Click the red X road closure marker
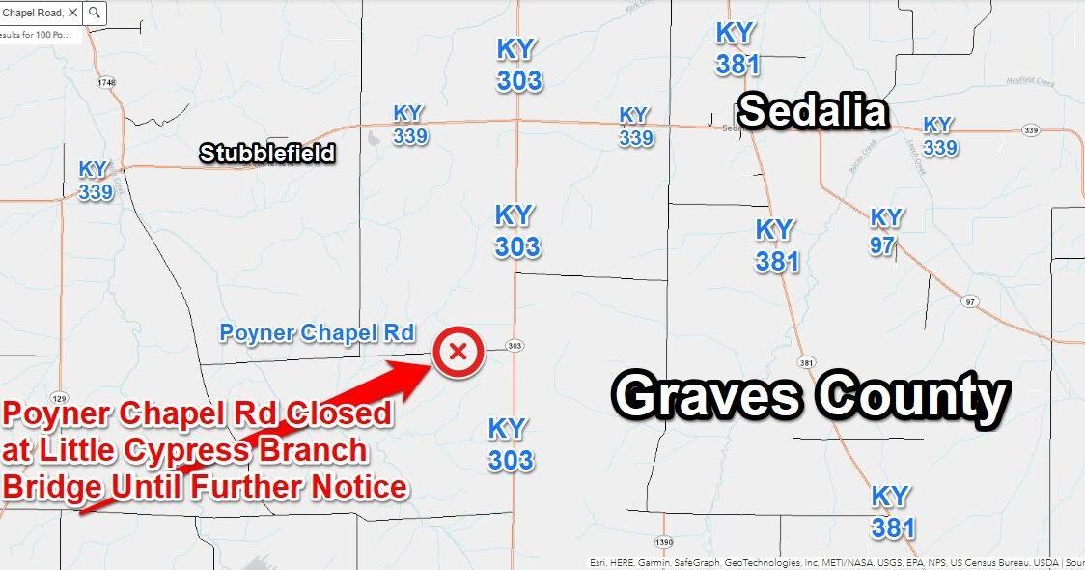point(459,352)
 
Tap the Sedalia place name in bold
point(813,111)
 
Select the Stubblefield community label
point(267,153)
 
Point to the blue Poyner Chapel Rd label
point(318,333)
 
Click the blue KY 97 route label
point(884,231)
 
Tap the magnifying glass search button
point(95,13)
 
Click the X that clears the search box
point(73,13)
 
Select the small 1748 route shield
point(106,83)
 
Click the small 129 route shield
point(59,397)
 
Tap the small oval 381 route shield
point(807,363)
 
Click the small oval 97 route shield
point(970,302)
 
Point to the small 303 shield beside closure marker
point(515,346)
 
